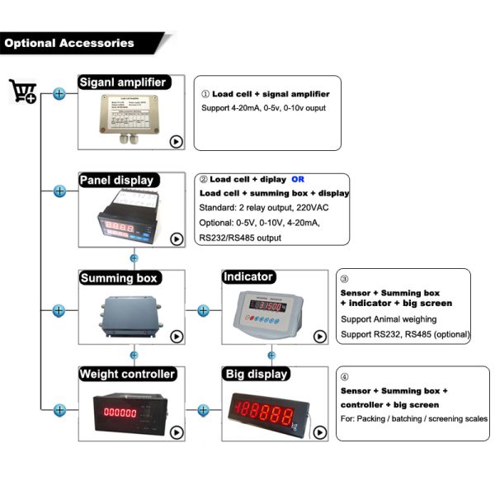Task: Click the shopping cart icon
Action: click(22, 91)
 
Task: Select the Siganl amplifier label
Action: click(124, 82)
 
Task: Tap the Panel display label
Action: click(117, 180)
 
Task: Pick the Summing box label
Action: click(119, 278)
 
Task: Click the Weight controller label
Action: click(127, 374)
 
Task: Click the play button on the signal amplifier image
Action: click(176, 141)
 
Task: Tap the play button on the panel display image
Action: click(176, 239)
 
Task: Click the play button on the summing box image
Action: click(176, 336)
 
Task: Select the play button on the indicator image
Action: click(319, 336)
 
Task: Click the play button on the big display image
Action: click(319, 432)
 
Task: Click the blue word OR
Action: click(299, 179)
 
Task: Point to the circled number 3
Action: click(345, 279)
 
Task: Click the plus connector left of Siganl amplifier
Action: click(59, 94)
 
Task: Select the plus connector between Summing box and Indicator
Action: click(203, 311)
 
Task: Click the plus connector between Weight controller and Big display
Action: click(203, 408)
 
